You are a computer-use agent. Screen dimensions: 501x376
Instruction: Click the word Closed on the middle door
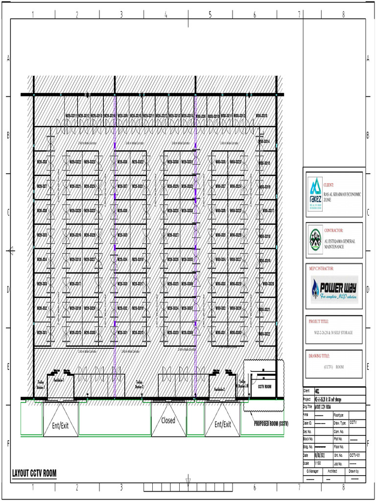tap(168, 420)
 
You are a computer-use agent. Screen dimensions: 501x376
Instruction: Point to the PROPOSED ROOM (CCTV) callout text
tap(271, 424)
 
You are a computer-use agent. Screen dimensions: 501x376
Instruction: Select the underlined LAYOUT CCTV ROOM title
tap(34, 474)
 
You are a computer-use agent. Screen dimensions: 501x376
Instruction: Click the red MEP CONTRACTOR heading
tap(319, 269)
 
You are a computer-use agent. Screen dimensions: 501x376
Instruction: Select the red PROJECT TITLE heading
tap(319, 321)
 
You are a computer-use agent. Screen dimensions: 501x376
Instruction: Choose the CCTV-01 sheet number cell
tap(355, 455)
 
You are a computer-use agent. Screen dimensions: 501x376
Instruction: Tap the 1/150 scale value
tap(306, 462)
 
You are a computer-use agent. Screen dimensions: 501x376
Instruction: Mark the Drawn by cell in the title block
tap(354, 471)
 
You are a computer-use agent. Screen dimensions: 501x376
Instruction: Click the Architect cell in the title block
tap(332, 471)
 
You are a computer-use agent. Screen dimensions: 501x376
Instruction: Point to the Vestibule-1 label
tap(59, 380)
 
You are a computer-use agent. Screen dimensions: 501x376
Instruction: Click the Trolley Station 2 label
tap(140, 384)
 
